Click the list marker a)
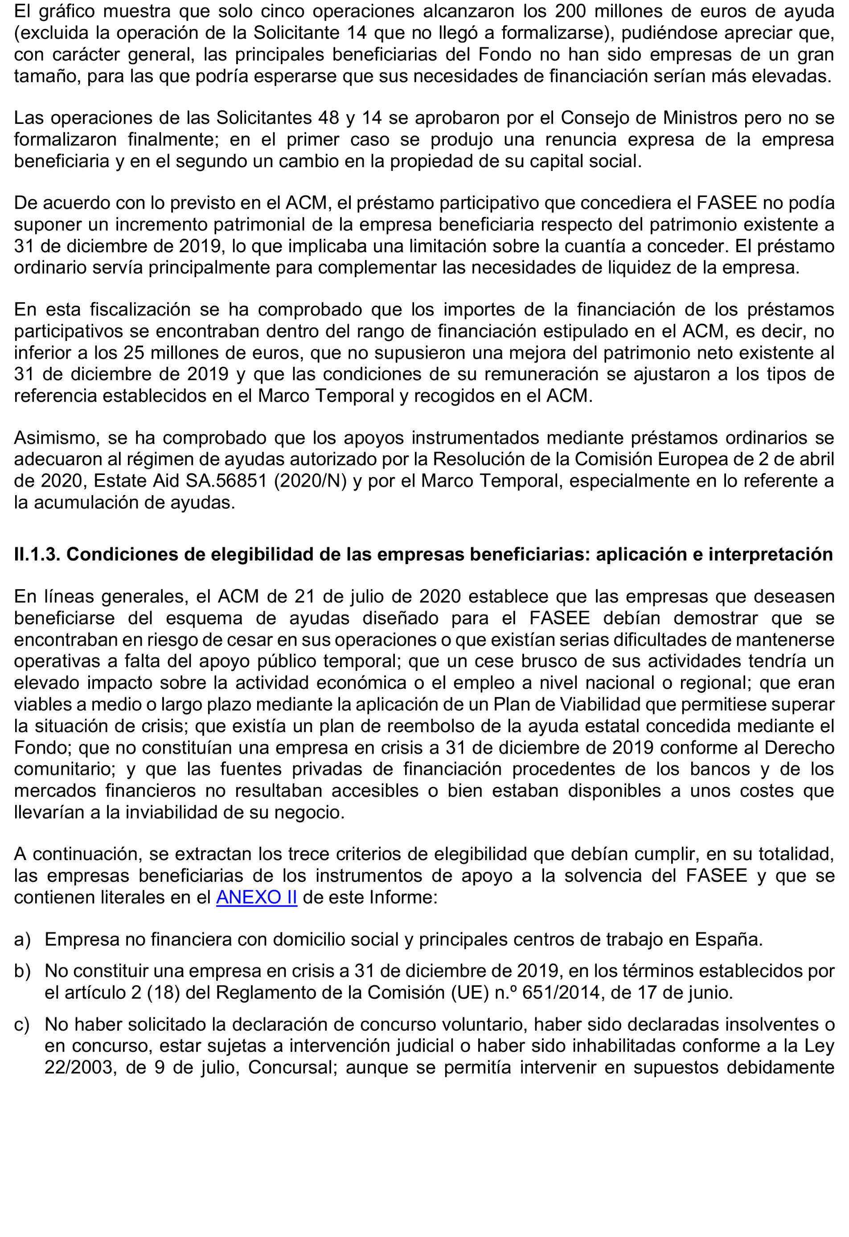[x=22, y=939]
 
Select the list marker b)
[x=22, y=971]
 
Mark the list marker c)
[x=22, y=1024]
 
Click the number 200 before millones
[x=572, y=11]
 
